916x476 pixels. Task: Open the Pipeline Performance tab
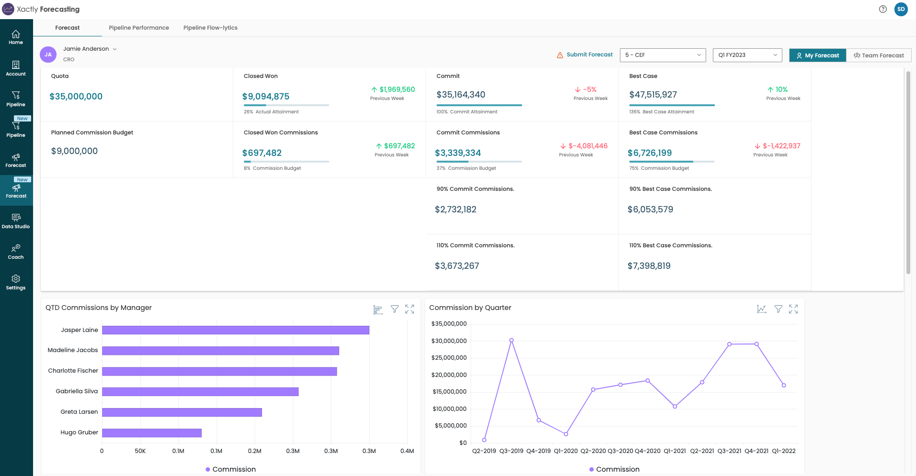[138, 28]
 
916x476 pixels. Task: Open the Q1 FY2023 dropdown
[747, 55]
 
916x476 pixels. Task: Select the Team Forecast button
[879, 55]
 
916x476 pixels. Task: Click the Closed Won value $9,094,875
[265, 97]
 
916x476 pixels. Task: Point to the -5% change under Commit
[589, 89]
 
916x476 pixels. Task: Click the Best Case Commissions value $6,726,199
[650, 153]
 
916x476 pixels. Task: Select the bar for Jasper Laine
[235, 330]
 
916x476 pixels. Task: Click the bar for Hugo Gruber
[151, 433]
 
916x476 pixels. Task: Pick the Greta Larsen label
[79, 412]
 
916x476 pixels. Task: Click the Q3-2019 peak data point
[511, 341]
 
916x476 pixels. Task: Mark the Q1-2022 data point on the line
[784, 385]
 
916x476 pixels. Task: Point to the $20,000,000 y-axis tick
[449, 375]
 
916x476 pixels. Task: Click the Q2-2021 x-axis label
[702, 451]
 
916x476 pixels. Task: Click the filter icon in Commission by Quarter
[779, 309]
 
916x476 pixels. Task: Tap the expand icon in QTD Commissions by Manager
[410, 309]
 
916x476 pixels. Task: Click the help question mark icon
[883, 9]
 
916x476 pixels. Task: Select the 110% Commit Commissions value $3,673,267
[457, 266]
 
